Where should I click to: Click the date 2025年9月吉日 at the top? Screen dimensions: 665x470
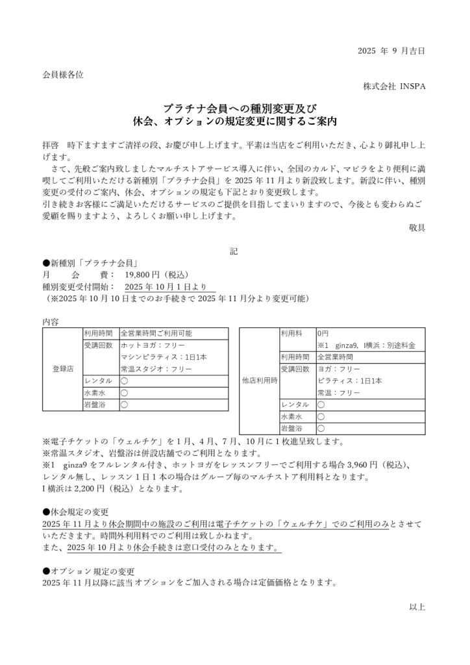391,51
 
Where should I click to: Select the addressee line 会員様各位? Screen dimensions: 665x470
63,75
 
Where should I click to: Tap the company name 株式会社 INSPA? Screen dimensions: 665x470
395,86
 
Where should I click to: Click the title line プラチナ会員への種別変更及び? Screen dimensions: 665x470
234,108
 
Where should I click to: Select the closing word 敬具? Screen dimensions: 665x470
417,228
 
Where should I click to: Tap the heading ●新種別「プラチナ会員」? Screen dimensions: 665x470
89,263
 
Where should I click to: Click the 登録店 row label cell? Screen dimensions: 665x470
62,369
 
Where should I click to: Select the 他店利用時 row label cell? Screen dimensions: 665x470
259,381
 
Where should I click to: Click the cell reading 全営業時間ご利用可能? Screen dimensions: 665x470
156,333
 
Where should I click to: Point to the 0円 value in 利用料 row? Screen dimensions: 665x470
323,333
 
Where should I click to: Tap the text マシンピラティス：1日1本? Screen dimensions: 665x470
164,357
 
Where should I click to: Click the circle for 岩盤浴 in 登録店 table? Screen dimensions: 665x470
124,405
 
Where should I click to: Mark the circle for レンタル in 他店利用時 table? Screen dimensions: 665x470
321,405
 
